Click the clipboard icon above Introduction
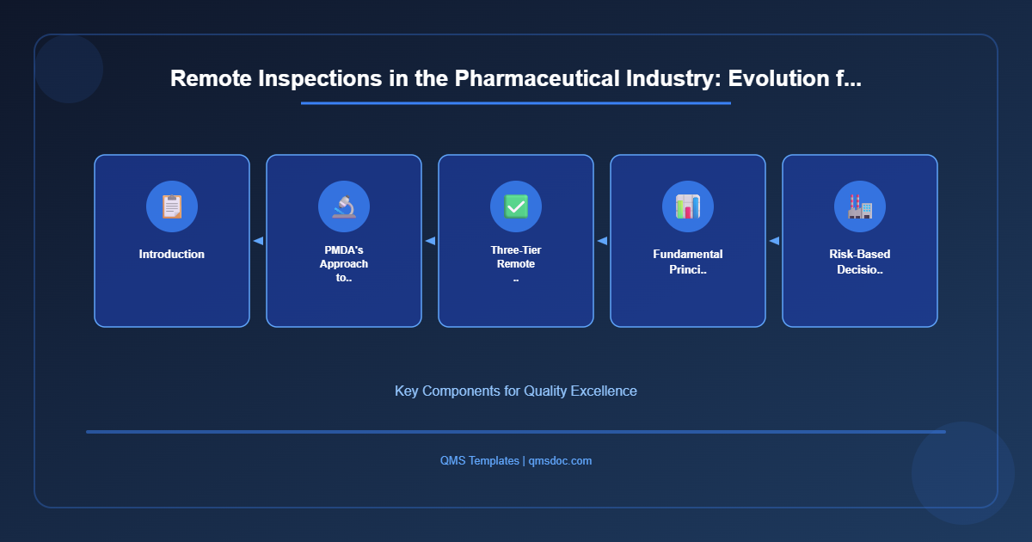point(172,206)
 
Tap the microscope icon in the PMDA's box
point(344,206)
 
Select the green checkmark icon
point(516,206)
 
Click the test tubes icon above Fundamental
point(688,206)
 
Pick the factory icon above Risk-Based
point(860,206)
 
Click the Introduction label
point(172,255)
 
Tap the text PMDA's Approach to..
point(344,264)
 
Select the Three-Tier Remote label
point(516,257)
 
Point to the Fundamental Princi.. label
point(688,262)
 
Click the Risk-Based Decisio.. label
point(860,262)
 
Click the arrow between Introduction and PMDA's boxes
point(258,241)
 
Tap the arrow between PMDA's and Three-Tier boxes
point(430,241)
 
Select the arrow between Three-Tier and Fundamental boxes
point(602,241)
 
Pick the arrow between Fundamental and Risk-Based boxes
point(774,241)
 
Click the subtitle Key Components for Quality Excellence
point(516,391)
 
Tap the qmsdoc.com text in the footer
point(560,461)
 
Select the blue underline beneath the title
point(516,103)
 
